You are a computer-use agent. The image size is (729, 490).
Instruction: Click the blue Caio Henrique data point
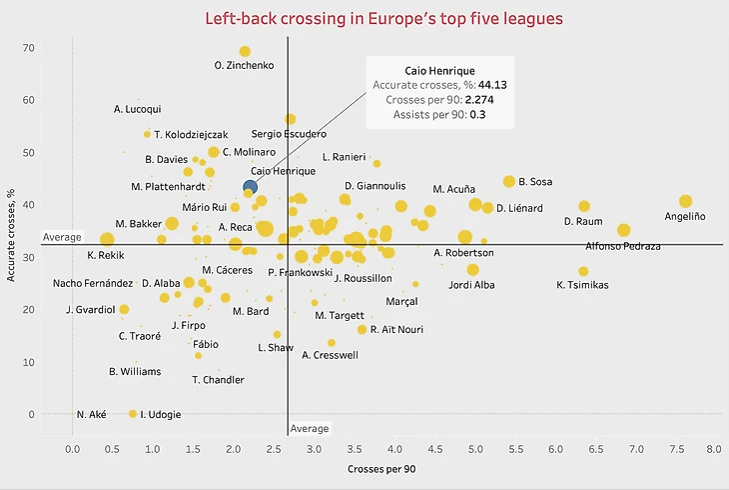250,186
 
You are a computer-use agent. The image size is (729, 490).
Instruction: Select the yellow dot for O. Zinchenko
245,52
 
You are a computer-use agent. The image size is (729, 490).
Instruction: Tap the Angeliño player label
685,217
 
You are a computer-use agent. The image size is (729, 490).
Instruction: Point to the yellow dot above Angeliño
685,201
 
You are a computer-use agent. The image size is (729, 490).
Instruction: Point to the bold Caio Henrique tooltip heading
439,70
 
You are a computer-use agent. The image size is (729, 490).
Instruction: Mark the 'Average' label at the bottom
309,429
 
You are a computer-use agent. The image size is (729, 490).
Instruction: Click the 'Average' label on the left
61,237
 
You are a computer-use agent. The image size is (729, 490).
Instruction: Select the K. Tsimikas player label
582,285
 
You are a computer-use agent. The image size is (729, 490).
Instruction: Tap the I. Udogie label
159,414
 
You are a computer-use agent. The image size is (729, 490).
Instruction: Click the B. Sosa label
535,182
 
